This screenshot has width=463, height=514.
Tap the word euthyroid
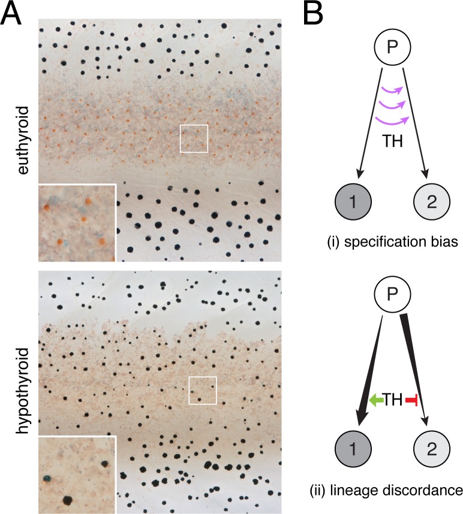click(23, 140)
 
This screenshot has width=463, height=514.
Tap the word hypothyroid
click(23, 391)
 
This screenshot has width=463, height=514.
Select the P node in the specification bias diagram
click(392, 47)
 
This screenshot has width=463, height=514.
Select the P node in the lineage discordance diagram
click(392, 294)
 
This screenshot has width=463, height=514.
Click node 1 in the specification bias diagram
click(353, 201)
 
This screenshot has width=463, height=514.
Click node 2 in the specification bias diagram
click(432, 201)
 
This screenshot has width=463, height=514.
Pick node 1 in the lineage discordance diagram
click(353, 449)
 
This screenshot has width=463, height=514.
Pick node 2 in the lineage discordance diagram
click(432, 449)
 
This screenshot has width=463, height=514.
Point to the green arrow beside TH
click(376, 400)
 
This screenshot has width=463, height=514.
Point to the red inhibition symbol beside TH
click(411, 400)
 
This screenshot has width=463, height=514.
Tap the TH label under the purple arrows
click(392, 141)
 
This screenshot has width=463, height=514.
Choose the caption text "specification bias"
click(401, 242)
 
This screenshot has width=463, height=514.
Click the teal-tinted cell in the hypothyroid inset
click(47, 479)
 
